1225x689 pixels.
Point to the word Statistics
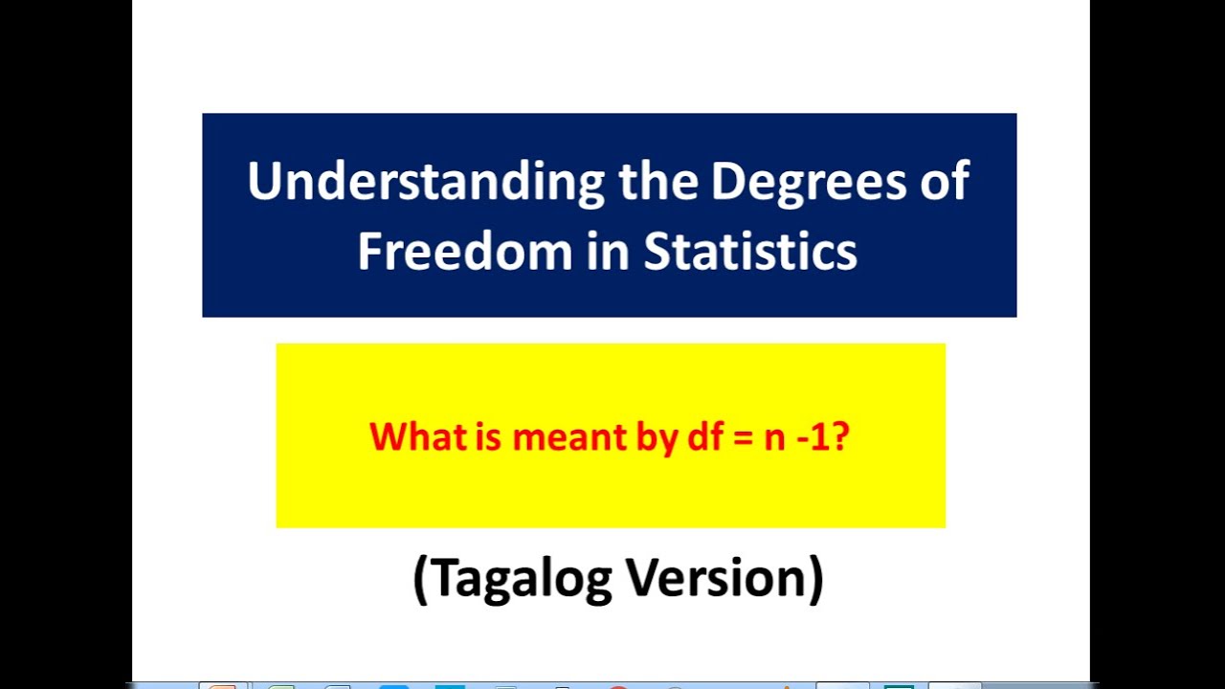(x=750, y=251)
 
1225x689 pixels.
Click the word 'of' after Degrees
(x=942, y=182)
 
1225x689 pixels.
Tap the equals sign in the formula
(x=739, y=438)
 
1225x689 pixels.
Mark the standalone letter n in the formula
(x=773, y=438)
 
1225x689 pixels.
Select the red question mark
(x=840, y=436)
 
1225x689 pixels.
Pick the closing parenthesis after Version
(x=814, y=578)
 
